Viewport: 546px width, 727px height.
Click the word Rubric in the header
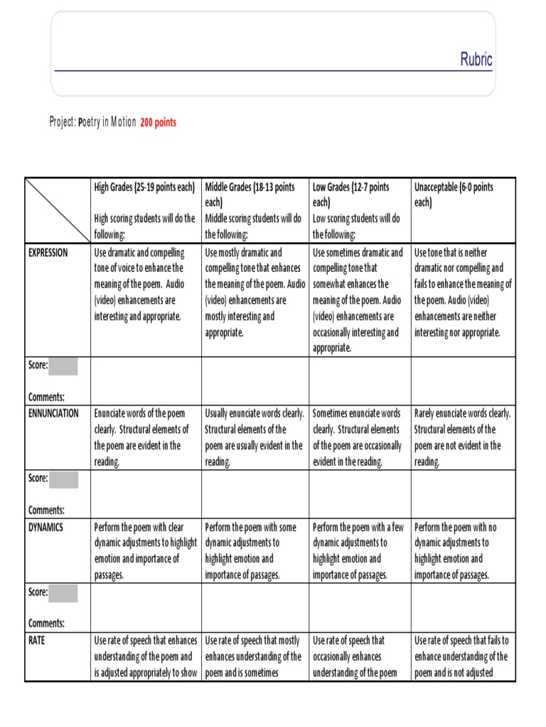(x=476, y=60)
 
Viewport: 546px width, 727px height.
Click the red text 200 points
(x=159, y=122)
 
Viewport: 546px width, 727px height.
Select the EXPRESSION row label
(x=48, y=253)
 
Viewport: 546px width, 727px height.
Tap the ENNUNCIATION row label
(x=53, y=413)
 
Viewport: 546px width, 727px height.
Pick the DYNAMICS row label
(x=46, y=527)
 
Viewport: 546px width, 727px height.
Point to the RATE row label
(x=37, y=640)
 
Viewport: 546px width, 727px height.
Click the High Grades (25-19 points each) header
(x=144, y=187)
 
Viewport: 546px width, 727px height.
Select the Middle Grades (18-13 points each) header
(x=250, y=195)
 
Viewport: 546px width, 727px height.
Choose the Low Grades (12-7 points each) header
(x=350, y=195)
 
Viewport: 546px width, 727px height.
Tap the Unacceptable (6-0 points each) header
(x=453, y=195)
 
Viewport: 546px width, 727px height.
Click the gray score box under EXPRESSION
(x=64, y=366)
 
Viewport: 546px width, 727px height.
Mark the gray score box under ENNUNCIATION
(x=64, y=479)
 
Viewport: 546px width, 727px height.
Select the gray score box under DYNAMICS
(x=64, y=593)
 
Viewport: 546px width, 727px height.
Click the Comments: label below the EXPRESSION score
(x=46, y=397)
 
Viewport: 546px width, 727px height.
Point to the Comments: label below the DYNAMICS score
(x=46, y=623)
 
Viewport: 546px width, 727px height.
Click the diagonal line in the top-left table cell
(x=57, y=209)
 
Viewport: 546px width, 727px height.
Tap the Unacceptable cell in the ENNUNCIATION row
(x=463, y=437)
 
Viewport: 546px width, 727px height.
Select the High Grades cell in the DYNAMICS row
(x=145, y=551)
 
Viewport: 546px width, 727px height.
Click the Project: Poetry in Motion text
(x=92, y=122)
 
